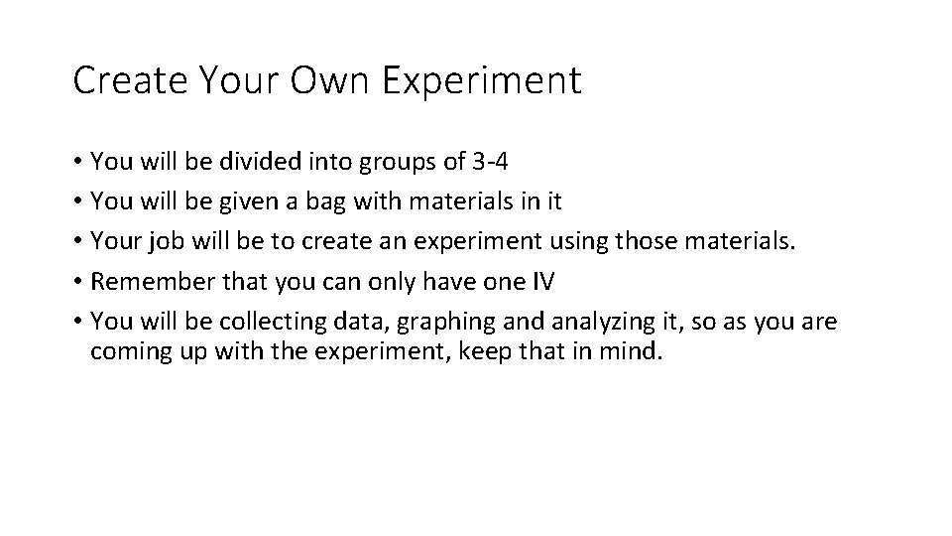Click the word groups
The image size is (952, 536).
(x=391, y=162)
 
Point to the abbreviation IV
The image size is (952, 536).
(x=544, y=282)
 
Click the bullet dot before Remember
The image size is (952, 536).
(x=78, y=283)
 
